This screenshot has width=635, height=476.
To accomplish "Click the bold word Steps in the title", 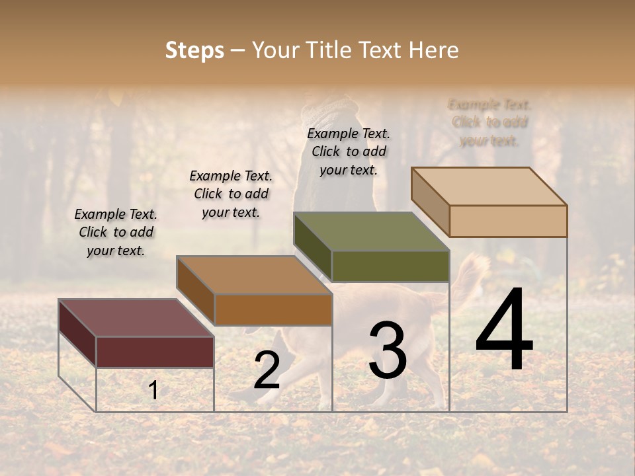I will pyautogui.click(x=194, y=50).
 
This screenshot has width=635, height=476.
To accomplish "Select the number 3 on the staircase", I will pyautogui.click(x=388, y=350).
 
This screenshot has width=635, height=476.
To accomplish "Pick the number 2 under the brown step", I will pyautogui.click(x=267, y=370).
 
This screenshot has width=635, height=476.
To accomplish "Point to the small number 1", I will pyautogui.click(x=153, y=390).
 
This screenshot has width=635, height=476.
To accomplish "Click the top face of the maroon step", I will pyautogui.click(x=136, y=317).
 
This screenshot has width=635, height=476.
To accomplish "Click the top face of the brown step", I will pyautogui.click(x=254, y=275).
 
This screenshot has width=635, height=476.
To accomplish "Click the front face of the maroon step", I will pyautogui.click(x=155, y=352).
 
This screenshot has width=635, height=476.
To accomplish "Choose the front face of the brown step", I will pyautogui.click(x=273, y=309).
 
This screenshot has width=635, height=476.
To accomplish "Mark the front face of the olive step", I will pyautogui.click(x=390, y=266).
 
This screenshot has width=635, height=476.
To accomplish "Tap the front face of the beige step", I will pyautogui.click(x=508, y=221).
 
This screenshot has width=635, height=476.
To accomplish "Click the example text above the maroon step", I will pyautogui.click(x=116, y=232).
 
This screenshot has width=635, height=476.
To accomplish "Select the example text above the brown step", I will pyautogui.click(x=231, y=194).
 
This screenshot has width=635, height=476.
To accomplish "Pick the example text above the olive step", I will pyautogui.click(x=349, y=151).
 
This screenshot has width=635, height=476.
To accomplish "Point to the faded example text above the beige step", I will pyautogui.click(x=489, y=122).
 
